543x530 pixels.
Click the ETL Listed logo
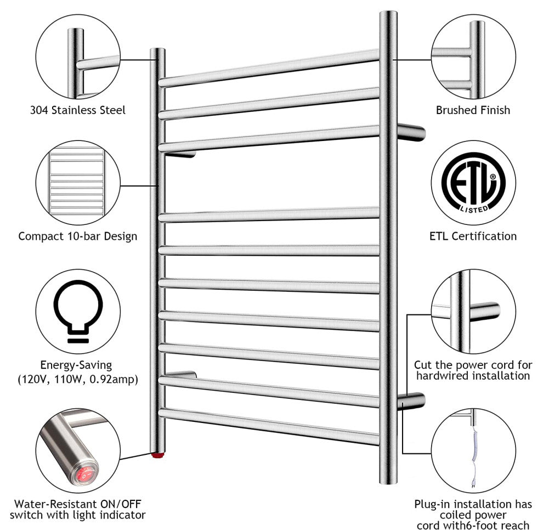point(473,183)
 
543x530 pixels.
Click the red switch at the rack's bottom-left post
point(157,454)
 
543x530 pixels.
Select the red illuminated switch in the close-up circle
point(84,473)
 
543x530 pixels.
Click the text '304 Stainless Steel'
point(78,110)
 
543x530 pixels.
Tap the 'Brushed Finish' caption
point(473,110)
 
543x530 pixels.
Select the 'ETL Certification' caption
point(473,236)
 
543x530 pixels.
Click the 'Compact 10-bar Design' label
point(77,236)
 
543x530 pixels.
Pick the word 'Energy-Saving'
point(76,365)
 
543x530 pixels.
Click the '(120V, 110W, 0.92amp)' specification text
point(78,380)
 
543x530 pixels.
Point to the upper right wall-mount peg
point(411,132)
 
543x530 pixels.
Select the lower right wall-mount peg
point(411,401)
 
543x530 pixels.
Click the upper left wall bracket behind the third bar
point(180,155)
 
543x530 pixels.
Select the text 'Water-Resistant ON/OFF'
point(78,504)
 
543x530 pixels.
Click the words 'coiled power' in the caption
point(473,515)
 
